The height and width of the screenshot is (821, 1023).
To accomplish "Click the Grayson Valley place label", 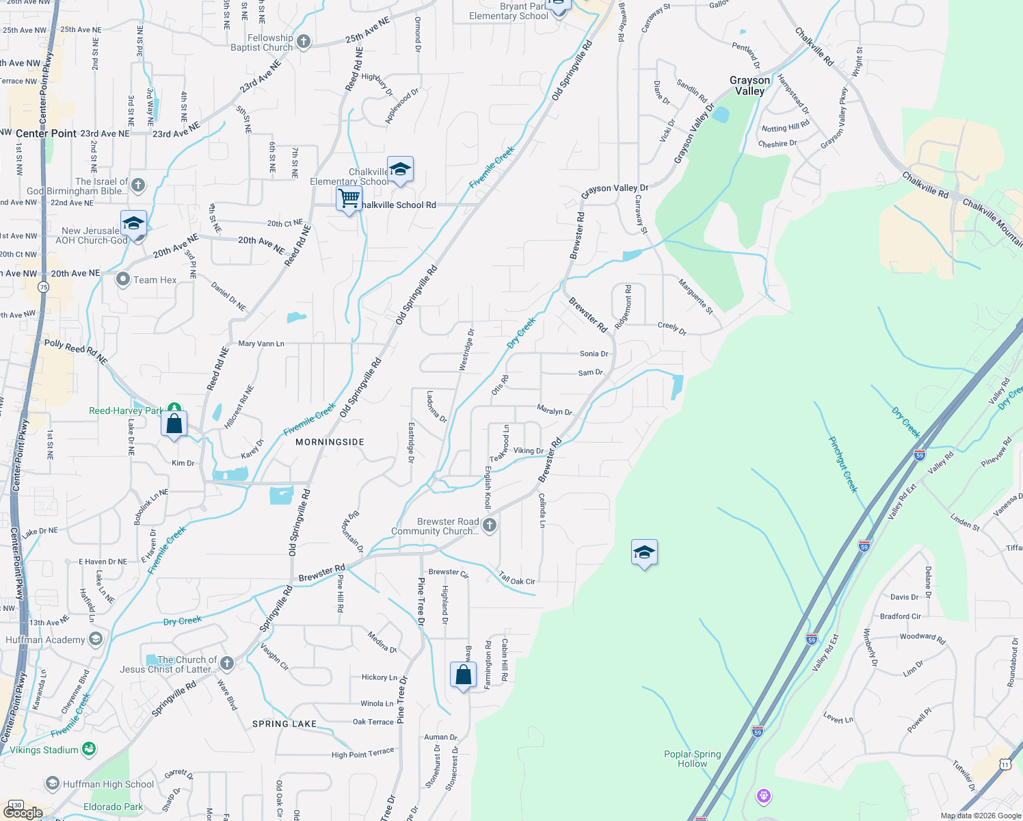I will [749, 86].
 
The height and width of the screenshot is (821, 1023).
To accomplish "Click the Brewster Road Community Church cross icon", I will [489, 525].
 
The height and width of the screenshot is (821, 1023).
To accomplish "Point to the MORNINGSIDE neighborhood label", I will [330, 442].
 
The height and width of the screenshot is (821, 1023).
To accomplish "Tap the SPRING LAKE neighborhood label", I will [284, 723].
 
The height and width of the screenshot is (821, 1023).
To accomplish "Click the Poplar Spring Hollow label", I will [692, 759].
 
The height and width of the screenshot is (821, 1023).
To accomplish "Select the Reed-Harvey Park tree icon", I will [174, 409].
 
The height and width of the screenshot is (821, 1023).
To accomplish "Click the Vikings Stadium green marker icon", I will [89, 750].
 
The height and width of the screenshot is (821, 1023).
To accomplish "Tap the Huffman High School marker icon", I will [53, 783].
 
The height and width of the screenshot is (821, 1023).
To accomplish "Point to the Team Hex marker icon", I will [123, 279].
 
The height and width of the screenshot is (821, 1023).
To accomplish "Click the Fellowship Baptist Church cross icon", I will [304, 42].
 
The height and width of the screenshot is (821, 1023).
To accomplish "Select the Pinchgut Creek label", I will [843, 464].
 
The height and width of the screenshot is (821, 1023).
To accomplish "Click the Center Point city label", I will [46, 133].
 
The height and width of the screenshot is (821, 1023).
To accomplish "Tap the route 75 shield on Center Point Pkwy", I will [44, 287].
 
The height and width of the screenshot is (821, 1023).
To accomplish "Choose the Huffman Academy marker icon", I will [96, 640].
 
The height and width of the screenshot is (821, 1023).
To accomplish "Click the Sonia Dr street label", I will [594, 354].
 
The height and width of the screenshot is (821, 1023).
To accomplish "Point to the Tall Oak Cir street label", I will [517, 579].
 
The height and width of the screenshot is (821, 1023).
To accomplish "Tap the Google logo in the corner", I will [23, 813].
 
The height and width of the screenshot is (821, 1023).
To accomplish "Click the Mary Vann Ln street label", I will [261, 343].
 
